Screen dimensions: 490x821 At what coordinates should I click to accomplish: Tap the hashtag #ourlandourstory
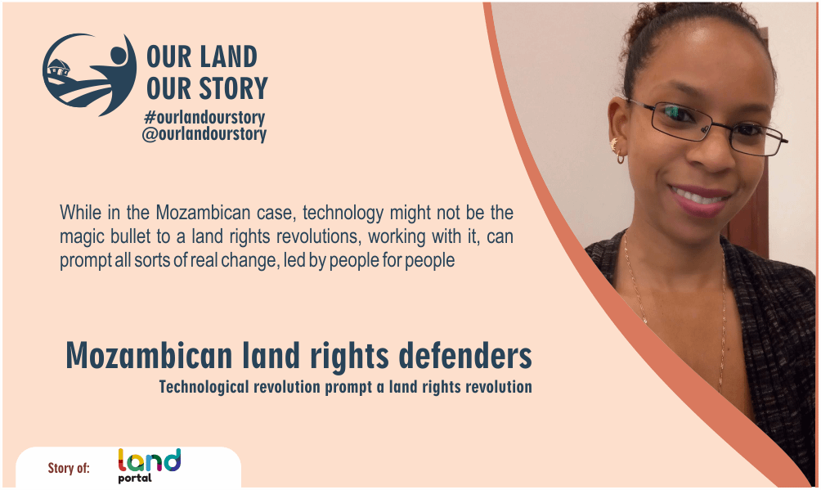204,117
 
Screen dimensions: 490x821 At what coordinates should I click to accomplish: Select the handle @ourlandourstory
204,133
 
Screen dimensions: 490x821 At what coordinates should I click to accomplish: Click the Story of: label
70,468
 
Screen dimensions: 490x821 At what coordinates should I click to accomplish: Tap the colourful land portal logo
149,465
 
